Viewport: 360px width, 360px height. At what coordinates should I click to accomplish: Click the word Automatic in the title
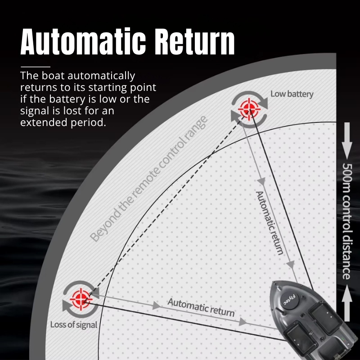pos(83,41)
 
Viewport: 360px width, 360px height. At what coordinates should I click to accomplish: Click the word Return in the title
pos(195,42)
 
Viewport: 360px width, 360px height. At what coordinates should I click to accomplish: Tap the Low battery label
pos(292,94)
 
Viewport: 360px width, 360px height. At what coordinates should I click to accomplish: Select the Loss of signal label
pos(74,324)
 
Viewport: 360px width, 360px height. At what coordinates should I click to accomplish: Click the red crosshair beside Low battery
pos(249,109)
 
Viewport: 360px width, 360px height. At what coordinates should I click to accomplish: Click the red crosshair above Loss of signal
pos(81,299)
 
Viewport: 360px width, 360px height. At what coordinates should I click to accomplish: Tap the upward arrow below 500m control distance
pos(347,303)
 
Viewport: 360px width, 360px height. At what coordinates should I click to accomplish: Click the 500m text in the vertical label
pos(346,178)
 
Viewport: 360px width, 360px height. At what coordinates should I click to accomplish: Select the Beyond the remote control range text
pos(149,179)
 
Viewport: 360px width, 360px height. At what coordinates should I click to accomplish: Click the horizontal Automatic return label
pos(201,307)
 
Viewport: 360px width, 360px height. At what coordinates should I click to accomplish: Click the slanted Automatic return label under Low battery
pos(269,223)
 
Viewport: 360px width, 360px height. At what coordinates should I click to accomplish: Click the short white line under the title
pos(36,67)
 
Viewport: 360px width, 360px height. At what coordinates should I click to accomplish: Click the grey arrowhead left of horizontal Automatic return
pos(157,306)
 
